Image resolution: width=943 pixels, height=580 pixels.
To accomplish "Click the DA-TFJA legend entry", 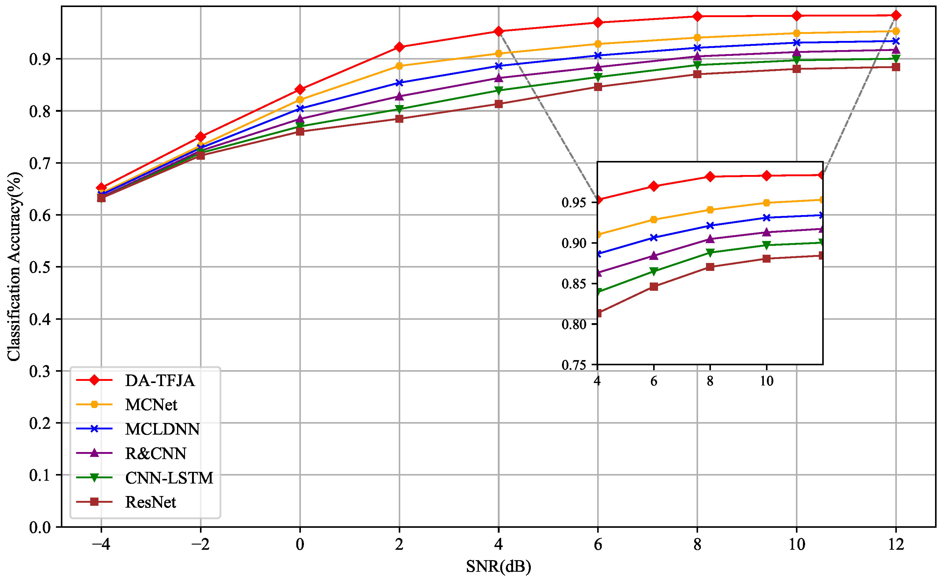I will pos(160,381).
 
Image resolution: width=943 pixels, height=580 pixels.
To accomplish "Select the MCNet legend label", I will pos(151,405).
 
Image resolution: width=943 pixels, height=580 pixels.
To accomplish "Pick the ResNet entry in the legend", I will pos(150,502).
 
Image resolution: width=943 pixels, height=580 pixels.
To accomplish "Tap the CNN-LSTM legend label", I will pos(169,478).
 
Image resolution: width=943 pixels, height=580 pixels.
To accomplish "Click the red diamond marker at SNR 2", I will pos(399,47).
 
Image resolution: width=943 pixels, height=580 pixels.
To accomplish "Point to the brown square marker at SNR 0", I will pos(300,132).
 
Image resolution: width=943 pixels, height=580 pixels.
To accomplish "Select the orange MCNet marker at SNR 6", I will pos(598,44).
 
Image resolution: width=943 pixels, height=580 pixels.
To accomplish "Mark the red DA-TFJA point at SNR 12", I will pos(896,15).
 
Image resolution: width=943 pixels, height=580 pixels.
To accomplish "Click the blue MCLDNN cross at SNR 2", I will pos(399,83).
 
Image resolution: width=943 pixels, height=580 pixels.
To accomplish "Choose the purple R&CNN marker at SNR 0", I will pos(300,119).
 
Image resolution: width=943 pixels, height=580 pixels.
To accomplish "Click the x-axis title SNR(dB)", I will pos(498,567).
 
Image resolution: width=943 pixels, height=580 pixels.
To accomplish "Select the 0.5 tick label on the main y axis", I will pos(40,267).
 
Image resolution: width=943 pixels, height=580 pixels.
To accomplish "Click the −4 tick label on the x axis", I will pos(101,545).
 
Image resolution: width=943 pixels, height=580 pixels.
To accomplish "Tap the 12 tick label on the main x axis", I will pos(896,545).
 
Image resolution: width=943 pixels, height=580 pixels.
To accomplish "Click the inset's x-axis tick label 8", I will pos(710,381).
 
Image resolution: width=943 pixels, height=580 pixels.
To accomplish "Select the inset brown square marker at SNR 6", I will pos(654,286).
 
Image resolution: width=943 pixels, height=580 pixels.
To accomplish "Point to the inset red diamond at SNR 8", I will pos(710,177).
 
